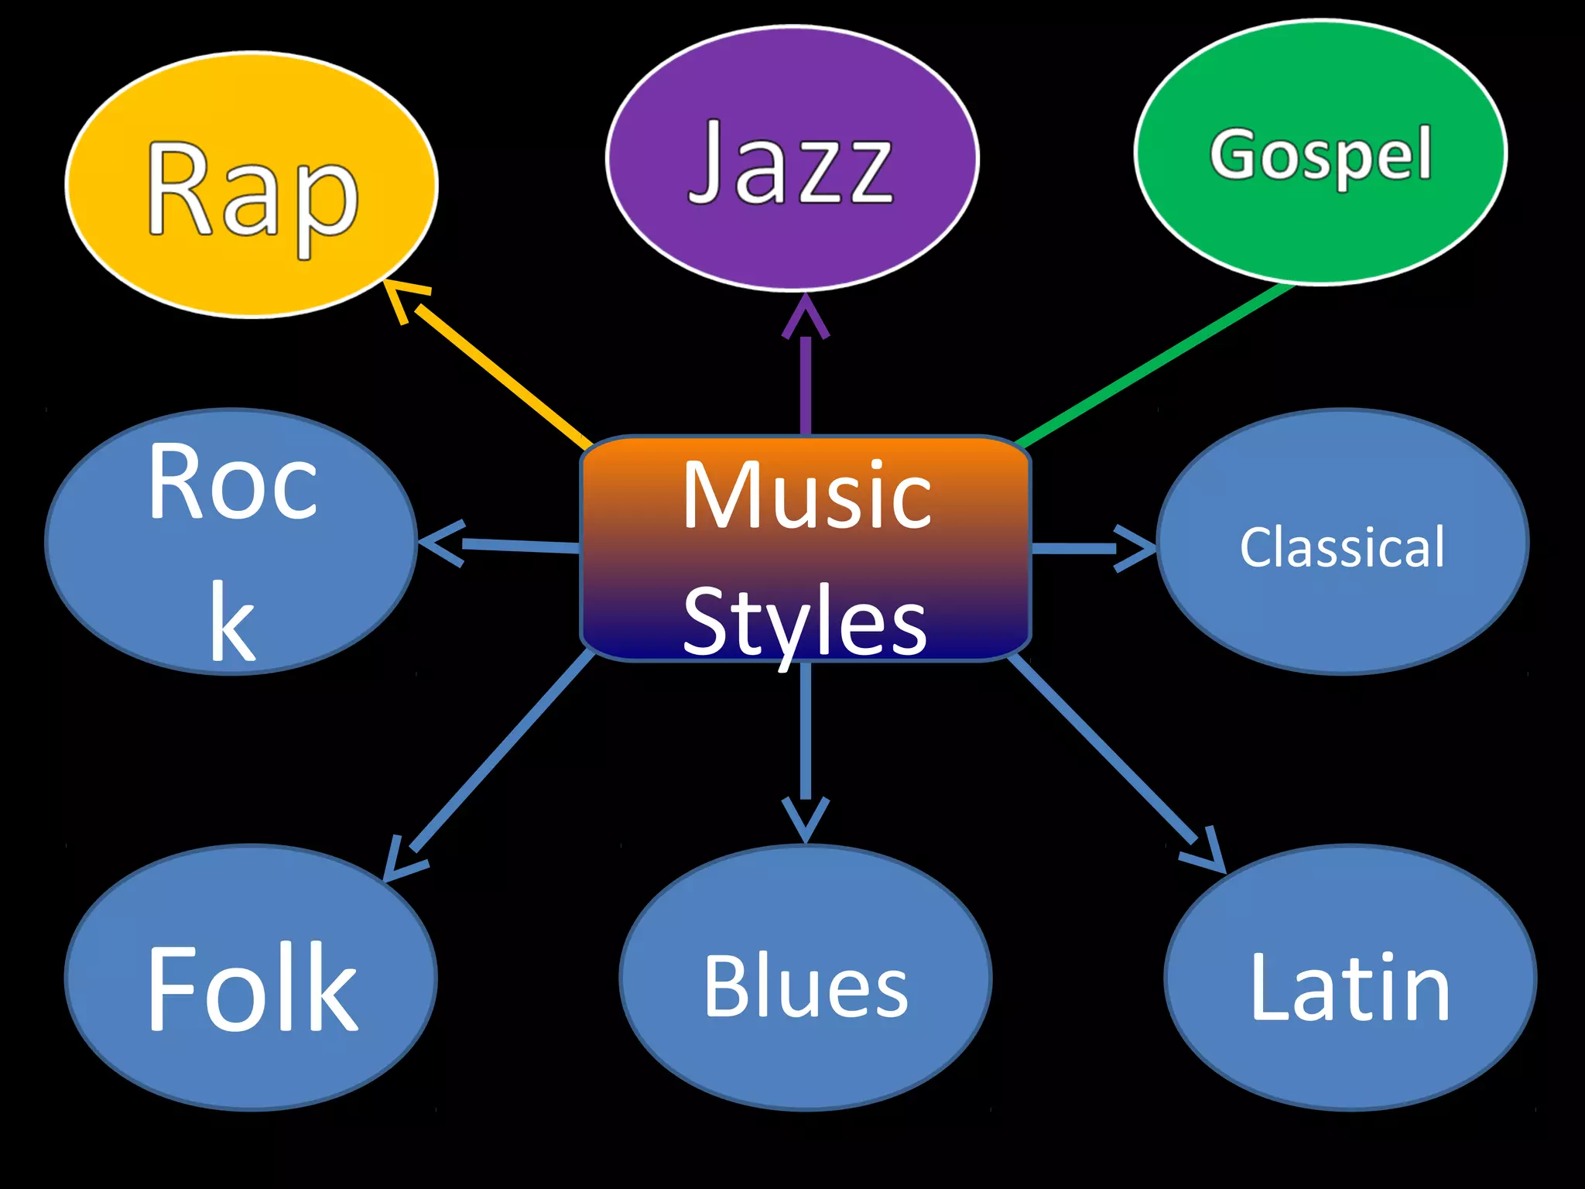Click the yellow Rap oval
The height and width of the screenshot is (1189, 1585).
click(x=252, y=186)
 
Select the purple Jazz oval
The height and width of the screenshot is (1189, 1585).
click(x=792, y=159)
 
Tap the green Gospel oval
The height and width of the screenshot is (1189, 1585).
click(x=1320, y=152)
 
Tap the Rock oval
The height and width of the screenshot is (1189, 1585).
click(x=231, y=542)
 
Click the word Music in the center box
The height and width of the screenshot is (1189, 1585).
click(x=806, y=495)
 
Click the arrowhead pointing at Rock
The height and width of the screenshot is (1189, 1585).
click(x=441, y=543)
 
